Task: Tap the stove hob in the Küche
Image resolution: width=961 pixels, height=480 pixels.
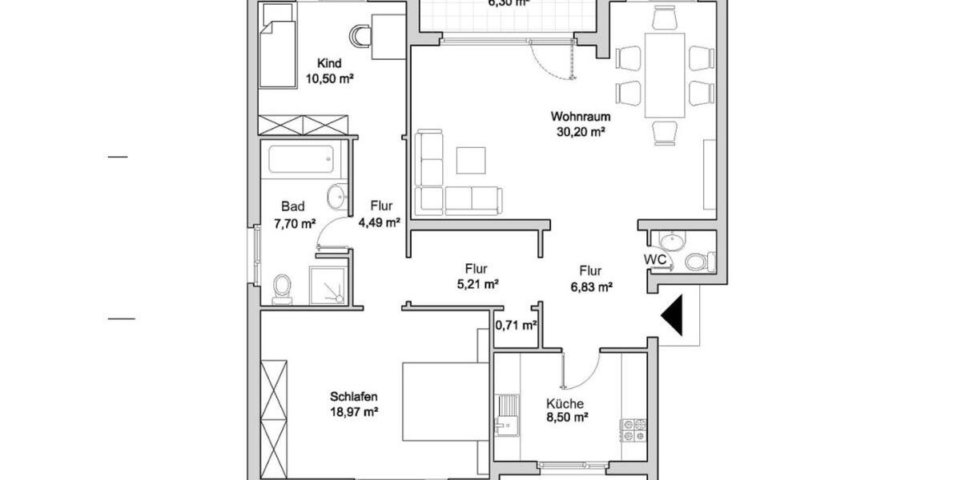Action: point(633,430)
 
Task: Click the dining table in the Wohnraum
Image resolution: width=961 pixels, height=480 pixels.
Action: point(665,74)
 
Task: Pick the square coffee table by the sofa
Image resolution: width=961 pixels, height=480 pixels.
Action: point(471,160)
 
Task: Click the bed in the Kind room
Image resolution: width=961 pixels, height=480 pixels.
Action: point(276,54)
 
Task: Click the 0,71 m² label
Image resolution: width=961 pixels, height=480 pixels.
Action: point(516,326)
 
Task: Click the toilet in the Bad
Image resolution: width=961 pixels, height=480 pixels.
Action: point(282,288)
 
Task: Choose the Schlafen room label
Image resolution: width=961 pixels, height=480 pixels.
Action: point(353,396)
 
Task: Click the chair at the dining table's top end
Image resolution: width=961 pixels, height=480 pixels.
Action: point(665,18)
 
